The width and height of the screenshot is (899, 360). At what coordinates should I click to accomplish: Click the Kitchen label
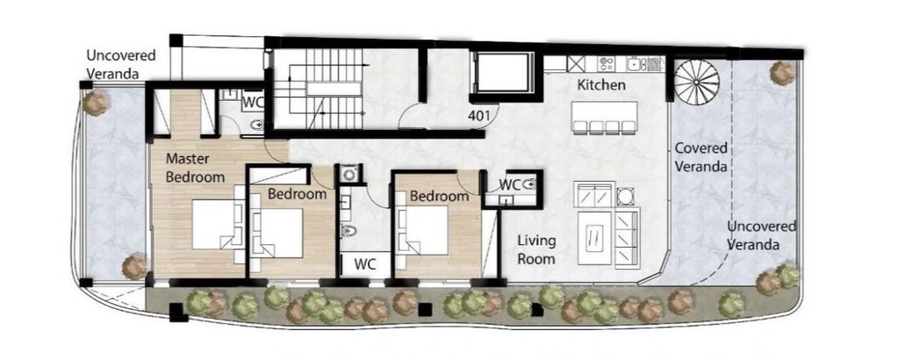click(x=601, y=85)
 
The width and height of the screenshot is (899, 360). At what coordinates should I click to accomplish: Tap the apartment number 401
click(x=478, y=115)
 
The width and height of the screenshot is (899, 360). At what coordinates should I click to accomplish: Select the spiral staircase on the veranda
click(x=695, y=82)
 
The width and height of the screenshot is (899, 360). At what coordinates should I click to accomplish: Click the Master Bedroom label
click(x=195, y=168)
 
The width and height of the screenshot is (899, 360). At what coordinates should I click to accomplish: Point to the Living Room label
click(x=536, y=249)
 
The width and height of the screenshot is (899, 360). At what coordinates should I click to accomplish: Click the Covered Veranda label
click(x=701, y=157)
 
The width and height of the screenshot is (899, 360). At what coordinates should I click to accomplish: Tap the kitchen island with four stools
click(x=604, y=118)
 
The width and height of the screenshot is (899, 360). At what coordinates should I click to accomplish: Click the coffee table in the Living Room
click(x=594, y=237)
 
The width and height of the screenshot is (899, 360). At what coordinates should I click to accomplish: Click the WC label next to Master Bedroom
click(x=252, y=104)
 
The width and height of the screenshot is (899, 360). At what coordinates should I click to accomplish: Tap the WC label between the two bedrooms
click(x=364, y=264)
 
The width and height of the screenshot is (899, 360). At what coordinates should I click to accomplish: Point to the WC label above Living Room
click(x=509, y=184)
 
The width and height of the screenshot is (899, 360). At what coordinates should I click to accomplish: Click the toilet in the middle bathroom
click(x=349, y=231)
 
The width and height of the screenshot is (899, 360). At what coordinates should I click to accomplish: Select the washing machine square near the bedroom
click(x=348, y=173)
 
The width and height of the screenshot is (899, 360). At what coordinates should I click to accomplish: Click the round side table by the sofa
click(x=624, y=196)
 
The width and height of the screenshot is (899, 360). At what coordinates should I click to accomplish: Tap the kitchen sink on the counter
click(x=636, y=63)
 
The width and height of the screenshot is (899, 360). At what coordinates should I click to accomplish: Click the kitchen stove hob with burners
click(x=606, y=63)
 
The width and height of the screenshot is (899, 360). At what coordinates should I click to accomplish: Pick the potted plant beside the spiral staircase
click(x=782, y=73)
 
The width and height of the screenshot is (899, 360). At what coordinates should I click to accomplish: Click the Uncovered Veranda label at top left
click(x=121, y=64)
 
